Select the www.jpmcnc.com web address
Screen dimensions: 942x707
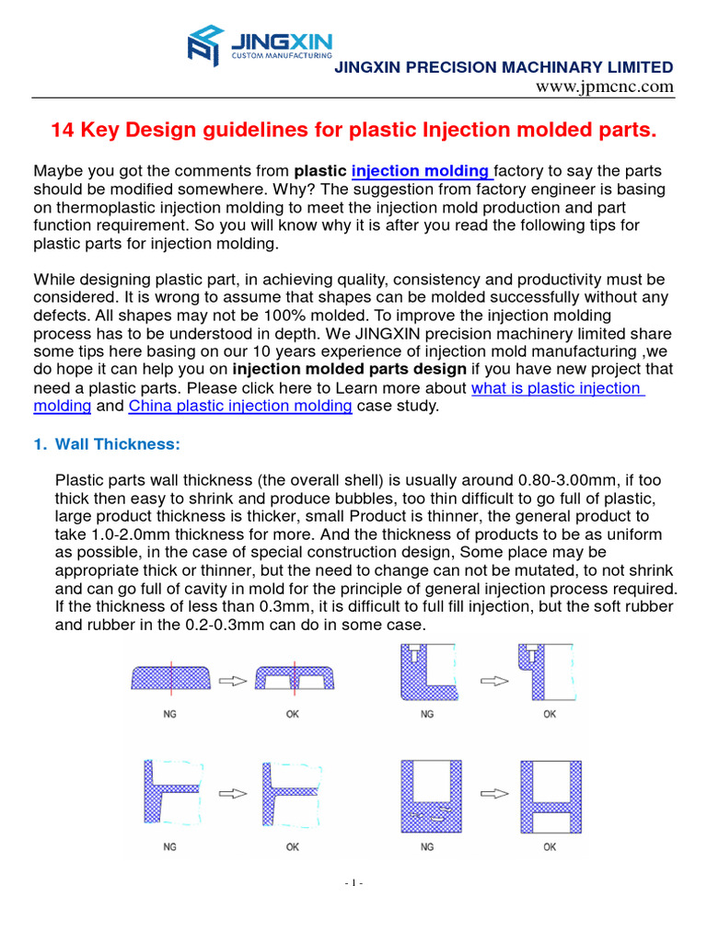click(605, 86)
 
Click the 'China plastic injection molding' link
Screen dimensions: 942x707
click(239, 406)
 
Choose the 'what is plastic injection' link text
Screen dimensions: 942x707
click(557, 388)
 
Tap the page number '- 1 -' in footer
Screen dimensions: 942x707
click(353, 883)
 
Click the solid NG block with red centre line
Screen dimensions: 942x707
click(170, 677)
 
